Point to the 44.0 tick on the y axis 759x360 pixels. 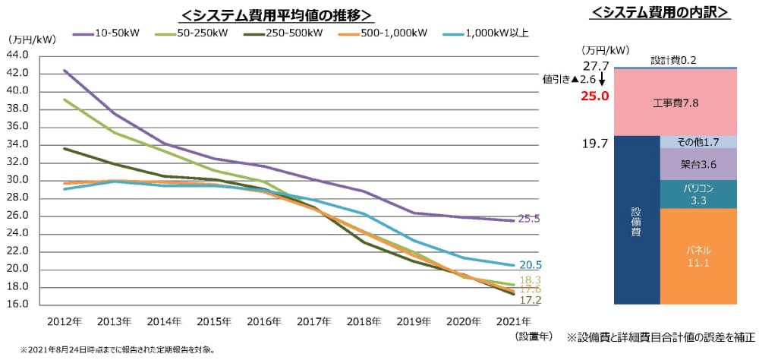point(16,55)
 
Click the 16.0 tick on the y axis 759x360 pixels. point(16,304)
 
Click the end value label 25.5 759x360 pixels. point(529,219)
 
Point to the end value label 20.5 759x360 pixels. point(529,265)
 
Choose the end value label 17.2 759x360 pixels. point(529,301)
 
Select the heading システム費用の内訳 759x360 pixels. point(659,12)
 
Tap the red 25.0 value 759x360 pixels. point(595,96)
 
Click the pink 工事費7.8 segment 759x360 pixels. point(675,102)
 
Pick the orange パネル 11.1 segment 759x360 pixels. point(698,256)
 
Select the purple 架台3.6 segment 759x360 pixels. point(698,163)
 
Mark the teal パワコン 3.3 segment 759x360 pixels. point(698,194)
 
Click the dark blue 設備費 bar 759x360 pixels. point(636,220)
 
